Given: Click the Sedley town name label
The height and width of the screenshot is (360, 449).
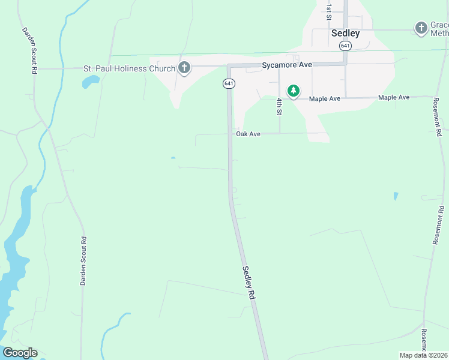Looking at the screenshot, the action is coord(345,33).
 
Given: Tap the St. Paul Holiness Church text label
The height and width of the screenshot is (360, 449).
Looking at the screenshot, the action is coord(129,68).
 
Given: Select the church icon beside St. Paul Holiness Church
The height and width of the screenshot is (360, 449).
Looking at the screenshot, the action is coord(184,68).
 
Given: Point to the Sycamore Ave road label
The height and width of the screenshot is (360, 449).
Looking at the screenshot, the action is coord(287,65).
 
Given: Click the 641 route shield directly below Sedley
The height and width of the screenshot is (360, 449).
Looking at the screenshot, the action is coord(345,46).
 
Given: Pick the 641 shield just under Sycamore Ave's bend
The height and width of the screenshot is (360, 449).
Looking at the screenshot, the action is coord(229,83).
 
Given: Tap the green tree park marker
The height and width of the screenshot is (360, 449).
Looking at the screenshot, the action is coord(293,91).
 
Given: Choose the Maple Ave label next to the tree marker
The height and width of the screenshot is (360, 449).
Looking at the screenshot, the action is coord(325,98).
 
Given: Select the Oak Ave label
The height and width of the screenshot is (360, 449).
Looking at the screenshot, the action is coord(248,134).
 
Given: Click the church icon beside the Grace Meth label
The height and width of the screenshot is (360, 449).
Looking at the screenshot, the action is coord(421,28).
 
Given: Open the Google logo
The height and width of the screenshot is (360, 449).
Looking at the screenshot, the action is coord(19,353).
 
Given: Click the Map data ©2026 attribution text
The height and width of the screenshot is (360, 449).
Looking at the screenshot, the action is coord(423,355).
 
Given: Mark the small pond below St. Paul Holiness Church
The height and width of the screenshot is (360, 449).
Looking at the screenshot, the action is coord(91,82).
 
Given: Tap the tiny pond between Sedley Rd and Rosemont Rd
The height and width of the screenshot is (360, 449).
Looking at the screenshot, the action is coord(395,196).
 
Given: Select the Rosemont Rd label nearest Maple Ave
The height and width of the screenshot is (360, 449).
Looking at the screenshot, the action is coord(437,115).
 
